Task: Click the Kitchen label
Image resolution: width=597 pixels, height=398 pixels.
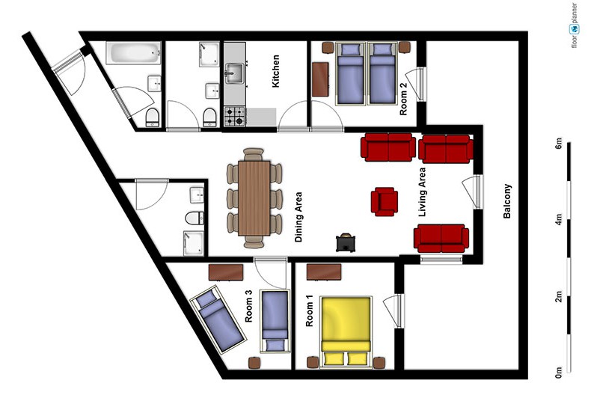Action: point(275,71)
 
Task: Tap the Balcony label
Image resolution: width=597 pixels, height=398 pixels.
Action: point(507,201)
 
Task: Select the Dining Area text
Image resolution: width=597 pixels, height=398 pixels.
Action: point(298,217)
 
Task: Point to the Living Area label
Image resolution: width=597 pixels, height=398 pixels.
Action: point(422,192)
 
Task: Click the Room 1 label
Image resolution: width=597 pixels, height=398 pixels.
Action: point(309,310)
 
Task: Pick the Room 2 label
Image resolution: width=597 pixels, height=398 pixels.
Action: point(403,99)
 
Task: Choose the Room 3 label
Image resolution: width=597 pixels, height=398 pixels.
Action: point(248,306)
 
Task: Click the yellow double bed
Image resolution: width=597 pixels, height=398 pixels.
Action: point(346,332)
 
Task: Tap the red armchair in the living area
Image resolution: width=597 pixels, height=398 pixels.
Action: point(385,201)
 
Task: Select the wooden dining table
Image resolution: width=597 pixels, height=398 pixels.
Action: point(254,198)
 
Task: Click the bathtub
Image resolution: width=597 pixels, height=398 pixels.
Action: point(133,53)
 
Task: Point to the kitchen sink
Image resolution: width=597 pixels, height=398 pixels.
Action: point(234,73)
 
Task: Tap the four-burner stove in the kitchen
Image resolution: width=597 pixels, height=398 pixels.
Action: point(235,116)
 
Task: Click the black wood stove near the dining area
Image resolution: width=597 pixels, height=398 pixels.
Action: point(346,242)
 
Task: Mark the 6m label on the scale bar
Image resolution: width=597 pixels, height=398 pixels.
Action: point(558,143)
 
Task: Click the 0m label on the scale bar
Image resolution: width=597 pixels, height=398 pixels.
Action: point(558,372)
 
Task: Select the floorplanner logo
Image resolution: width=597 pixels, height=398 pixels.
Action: point(574,25)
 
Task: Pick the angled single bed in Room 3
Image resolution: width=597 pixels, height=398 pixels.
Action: point(217,319)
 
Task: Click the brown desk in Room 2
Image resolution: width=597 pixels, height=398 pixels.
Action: point(320,79)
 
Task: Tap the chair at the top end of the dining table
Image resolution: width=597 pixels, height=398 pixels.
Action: point(254,154)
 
